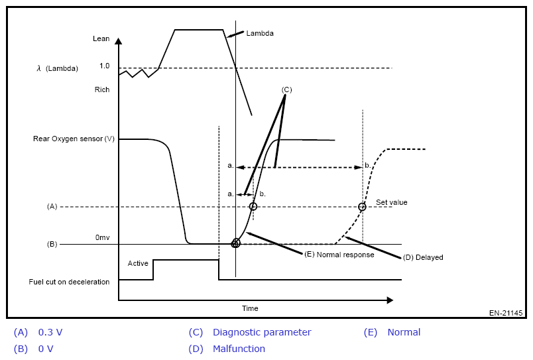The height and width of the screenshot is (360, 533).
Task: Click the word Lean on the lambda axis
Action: (x=101, y=39)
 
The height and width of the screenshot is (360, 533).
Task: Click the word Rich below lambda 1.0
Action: (x=101, y=90)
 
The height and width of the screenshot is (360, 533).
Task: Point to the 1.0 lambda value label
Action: (x=104, y=66)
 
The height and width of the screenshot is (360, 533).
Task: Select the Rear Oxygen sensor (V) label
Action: (x=74, y=139)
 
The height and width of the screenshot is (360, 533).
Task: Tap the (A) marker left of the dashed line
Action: (x=52, y=207)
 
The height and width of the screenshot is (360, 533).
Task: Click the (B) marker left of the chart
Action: (x=52, y=244)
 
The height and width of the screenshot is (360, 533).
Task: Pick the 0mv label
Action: (x=102, y=237)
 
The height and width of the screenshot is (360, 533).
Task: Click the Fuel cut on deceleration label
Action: (x=69, y=282)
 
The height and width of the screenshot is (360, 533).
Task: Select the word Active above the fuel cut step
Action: (x=138, y=264)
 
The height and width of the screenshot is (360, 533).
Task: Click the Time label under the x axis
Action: (x=250, y=308)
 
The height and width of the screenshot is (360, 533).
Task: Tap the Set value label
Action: (x=392, y=202)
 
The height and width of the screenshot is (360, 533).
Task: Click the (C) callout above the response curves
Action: (x=286, y=89)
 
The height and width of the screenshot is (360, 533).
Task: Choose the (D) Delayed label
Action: (x=423, y=257)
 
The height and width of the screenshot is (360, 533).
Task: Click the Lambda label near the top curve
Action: (x=259, y=33)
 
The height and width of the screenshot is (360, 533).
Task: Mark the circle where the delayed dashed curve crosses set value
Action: (x=362, y=207)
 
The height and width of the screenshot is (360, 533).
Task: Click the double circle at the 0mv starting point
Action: (x=235, y=243)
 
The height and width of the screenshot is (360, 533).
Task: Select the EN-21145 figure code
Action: (x=506, y=313)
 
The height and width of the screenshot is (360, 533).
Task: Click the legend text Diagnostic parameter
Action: (x=262, y=332)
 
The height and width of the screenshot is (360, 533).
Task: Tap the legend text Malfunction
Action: (x=239, y=349)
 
